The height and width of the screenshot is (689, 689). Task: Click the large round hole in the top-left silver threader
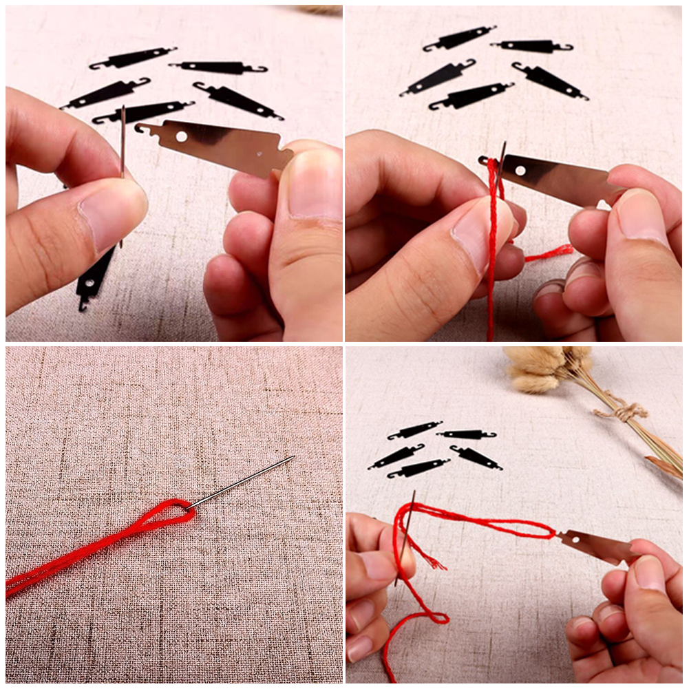point(181,136)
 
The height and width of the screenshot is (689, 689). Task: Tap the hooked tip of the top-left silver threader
point(141,128)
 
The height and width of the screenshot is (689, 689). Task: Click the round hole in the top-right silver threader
point(520,169)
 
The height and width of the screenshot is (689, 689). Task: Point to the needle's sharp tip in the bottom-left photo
point(293,456)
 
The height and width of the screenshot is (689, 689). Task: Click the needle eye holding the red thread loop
point(191,506)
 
